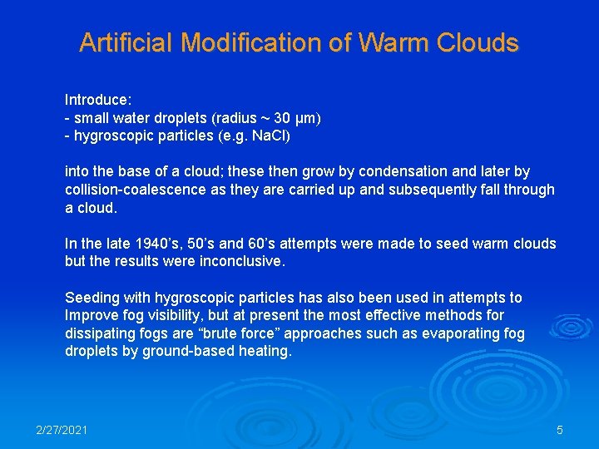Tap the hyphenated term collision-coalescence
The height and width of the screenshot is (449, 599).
(x=134, y=190)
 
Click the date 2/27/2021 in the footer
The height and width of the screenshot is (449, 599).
(x=62, y=430)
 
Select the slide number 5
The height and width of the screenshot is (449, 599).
(x=560, y=430)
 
